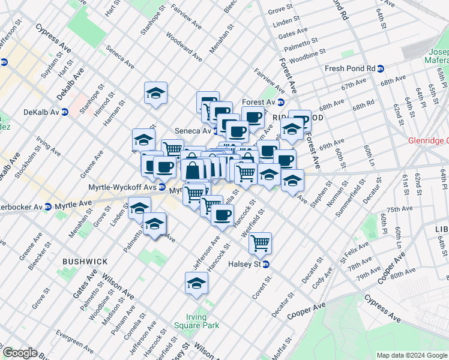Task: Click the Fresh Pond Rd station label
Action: pyautogui.click(x=349, y=68)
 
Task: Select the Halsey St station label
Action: pyautogui.click(x=244, y=264)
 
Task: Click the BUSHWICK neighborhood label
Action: pyautogui.click(x=85, y=262)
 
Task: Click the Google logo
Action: pyautogui.click(x=20, y=353)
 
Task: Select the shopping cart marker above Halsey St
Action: pyautogui.click(x=260, y=243)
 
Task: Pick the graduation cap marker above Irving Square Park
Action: pyautogui.click(x=196, y=284)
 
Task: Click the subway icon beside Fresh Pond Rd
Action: pyautogui.click(x=381, y=68)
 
